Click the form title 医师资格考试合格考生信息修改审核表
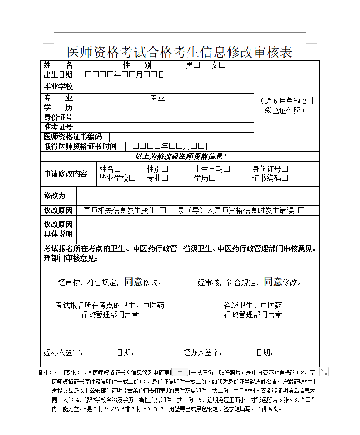point(180,52)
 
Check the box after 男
point(196,65)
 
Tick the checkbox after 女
point(222,65)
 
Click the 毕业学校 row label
point(58,86)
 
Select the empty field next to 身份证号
point(167,118)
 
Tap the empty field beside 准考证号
point(167,127)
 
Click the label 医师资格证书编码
point(73,137)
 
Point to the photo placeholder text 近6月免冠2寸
point(286,101)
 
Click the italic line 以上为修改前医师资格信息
point(180,156)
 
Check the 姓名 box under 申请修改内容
point(118,169)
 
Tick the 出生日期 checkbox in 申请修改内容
point(227,169)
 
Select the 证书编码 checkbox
point(285,178)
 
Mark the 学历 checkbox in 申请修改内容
point(212,178)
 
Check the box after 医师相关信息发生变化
point(163,210)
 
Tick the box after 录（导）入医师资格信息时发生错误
point(301,210)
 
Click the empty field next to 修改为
point(197,196)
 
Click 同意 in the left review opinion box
point(134,282)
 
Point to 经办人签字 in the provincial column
point(203,353)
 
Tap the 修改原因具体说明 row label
point(58,229)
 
